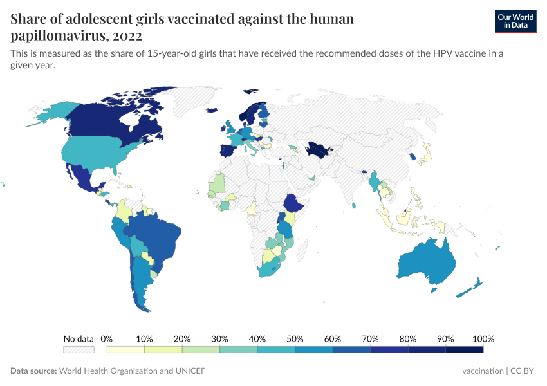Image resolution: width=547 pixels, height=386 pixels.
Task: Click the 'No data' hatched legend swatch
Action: tap(79, 349)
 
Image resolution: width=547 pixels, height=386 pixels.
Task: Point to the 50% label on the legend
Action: tap(295, 338)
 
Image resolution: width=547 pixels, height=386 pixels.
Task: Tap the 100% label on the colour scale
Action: tap(483, 338)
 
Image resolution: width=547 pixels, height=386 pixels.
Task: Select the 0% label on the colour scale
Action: tap(107, 338)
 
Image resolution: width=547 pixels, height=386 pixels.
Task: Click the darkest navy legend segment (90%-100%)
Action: tap(464, 349)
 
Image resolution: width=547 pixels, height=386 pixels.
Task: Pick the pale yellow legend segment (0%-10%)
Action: tap(125, 349)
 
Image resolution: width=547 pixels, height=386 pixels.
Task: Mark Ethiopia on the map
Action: tap(293, 203)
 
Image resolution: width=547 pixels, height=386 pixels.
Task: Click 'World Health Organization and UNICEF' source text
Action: tap(132, 371)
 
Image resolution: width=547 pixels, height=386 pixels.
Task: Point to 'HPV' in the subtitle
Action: tap(436, 53)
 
